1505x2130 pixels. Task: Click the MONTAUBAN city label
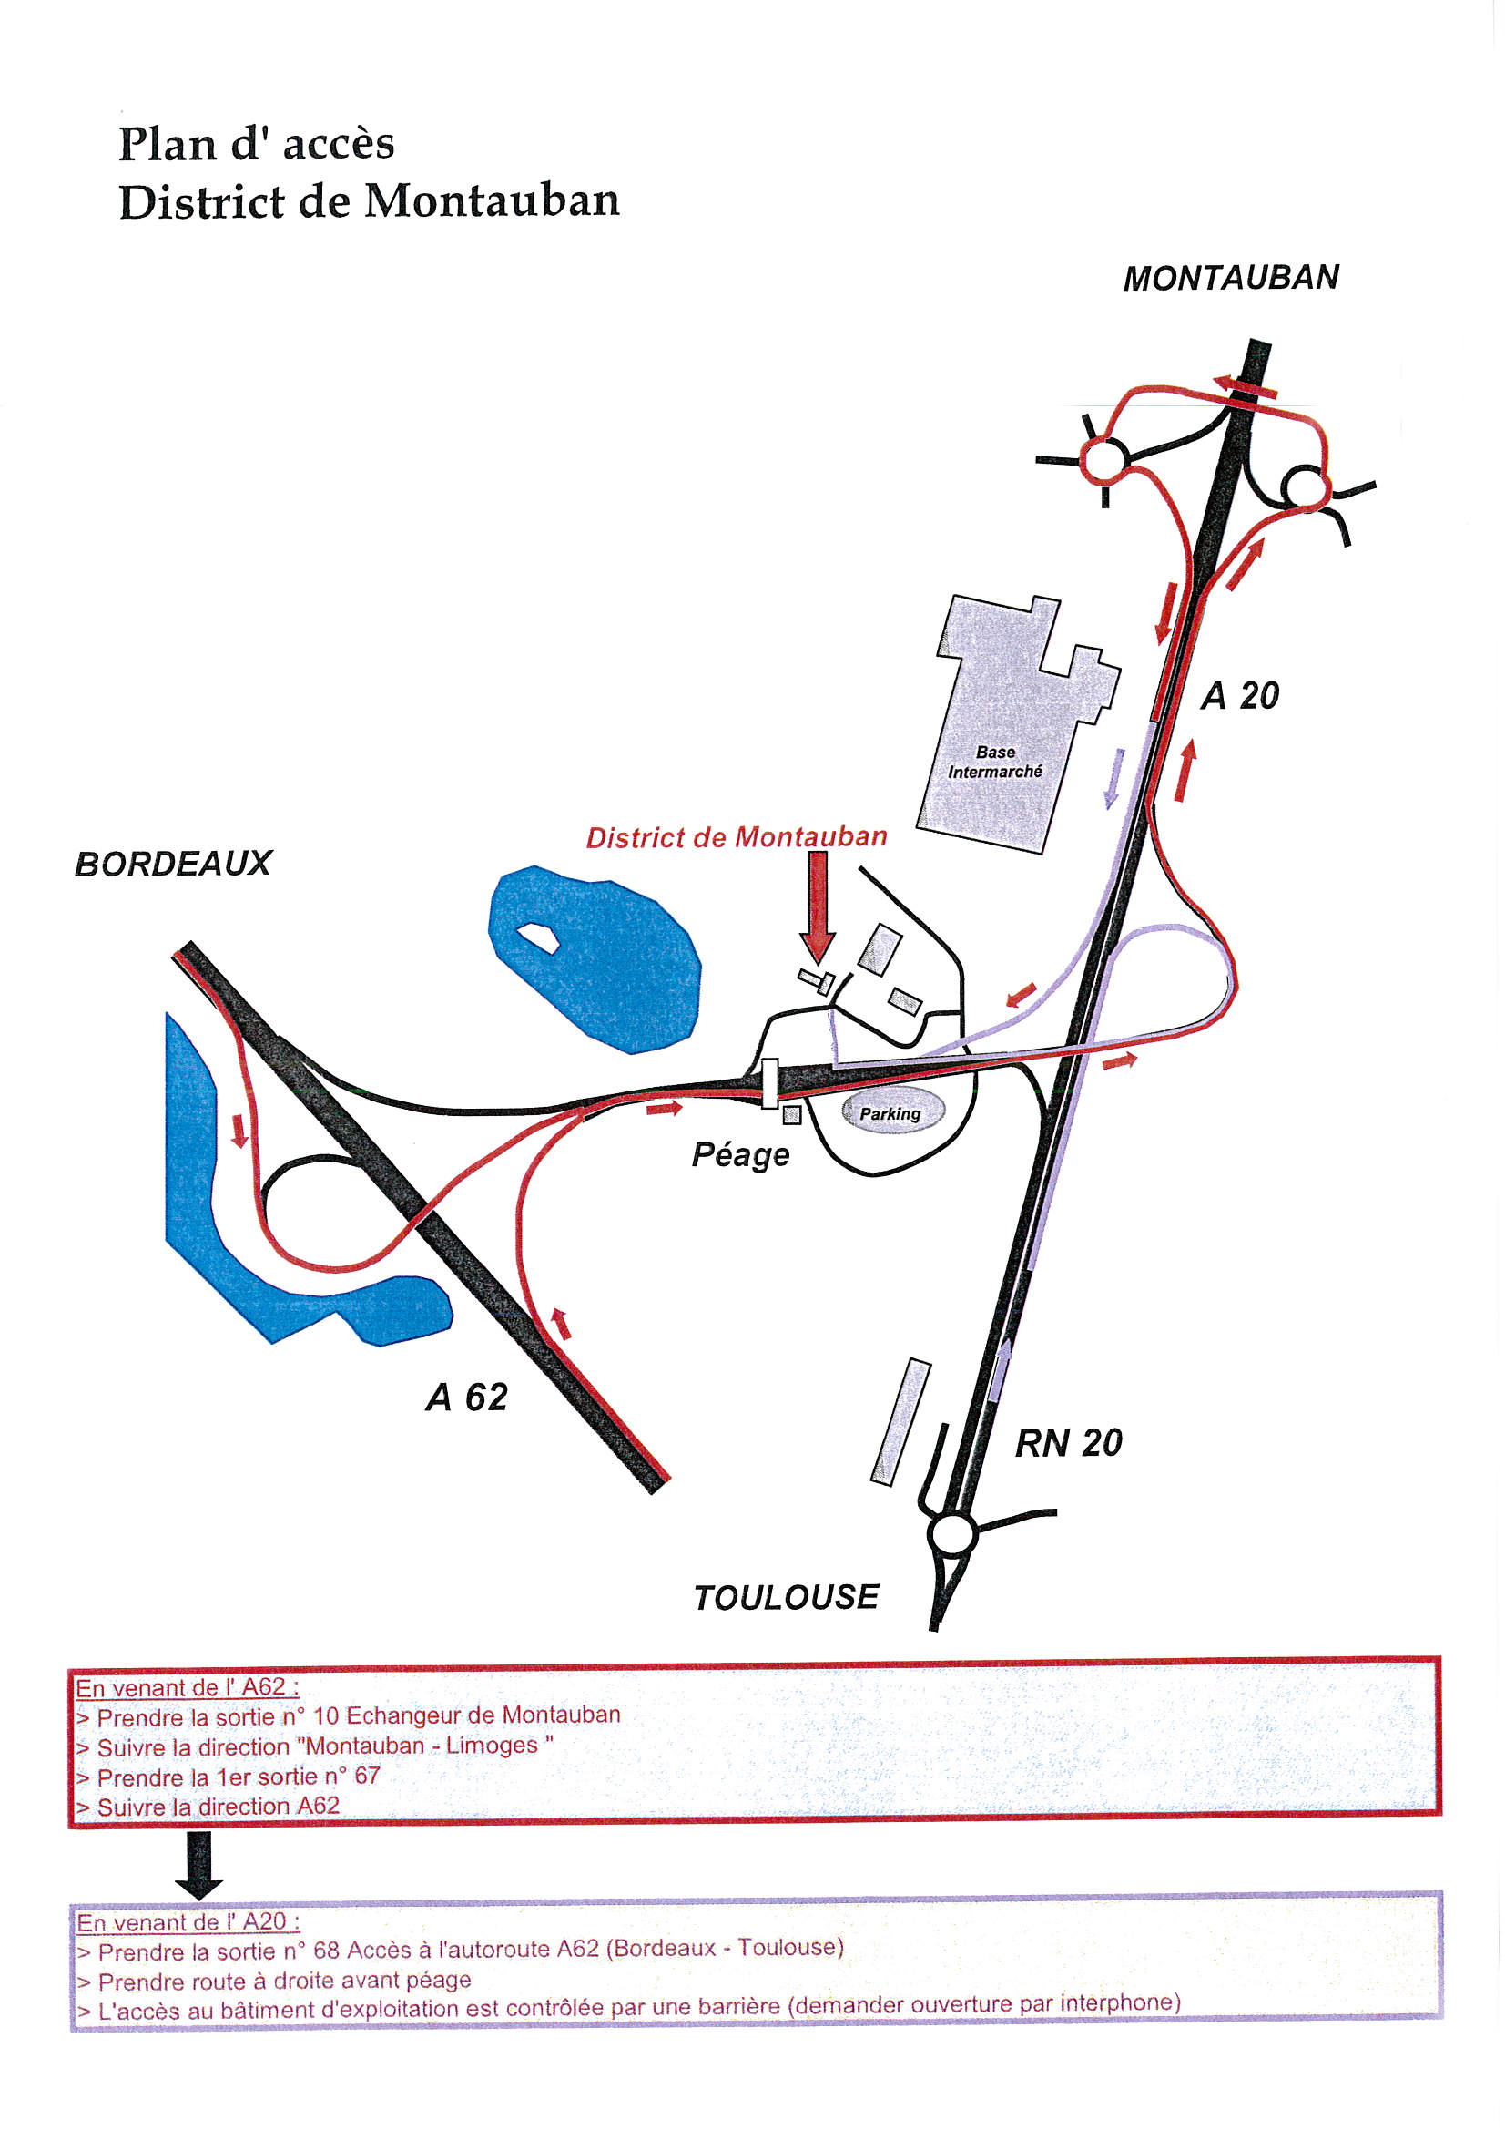pos(1231,278)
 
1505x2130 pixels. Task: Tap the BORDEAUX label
pos(173,865)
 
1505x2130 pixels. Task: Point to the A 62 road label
pos(467,1398)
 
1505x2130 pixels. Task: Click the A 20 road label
pos(1240,696)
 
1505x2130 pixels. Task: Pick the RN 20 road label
pos(1069,1442)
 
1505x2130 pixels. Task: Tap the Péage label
pos(741,1155)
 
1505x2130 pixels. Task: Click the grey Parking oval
pos(892,1111)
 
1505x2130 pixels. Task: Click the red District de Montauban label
pos(737,838)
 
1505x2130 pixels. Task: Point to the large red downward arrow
pos(818,907)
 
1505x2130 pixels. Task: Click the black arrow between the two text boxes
pos(199,1866)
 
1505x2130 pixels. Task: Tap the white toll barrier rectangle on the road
pos(769,1083)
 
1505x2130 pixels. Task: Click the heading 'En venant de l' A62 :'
pos(188,1687)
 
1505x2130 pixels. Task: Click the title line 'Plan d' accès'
pos(257,144)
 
